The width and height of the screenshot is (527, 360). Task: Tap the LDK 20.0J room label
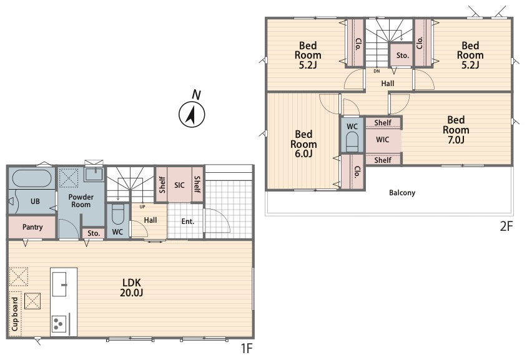[x=131, y=288]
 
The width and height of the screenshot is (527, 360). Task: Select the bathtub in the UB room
[x=32, y=178]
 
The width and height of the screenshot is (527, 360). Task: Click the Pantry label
[x=32, y=227]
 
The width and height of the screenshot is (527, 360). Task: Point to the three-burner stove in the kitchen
[x=58, y=324]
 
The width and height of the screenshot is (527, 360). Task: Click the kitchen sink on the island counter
[x=59, y=284]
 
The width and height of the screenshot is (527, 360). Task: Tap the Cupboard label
[x=15, y=314]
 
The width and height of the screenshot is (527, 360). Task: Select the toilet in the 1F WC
[x=117, y=214]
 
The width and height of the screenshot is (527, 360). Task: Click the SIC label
[x=179, y=185]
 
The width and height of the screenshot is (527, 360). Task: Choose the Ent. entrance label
[x=187, y=221]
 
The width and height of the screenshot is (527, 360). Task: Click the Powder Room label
[x=81, y=201]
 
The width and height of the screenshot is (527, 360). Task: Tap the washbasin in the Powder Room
[x=94, y=174]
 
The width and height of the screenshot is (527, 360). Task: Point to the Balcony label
[x=402, y=193]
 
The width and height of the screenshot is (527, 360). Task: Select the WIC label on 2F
[x=383, y=139]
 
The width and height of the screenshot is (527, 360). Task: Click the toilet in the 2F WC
[x=352, y=142]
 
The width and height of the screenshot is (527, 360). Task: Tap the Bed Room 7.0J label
[x=456, y=130]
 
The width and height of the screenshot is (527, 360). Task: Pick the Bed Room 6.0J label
[x=303, y=144]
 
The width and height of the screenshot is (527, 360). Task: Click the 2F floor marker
[x=506, y=226]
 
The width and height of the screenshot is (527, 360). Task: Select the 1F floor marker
[x=247, y=349]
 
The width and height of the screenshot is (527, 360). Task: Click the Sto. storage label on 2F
[x=403, y=56]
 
